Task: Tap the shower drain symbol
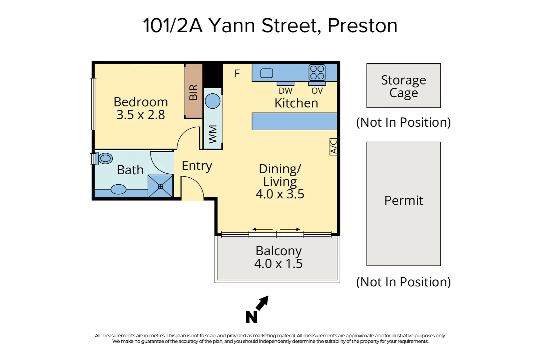click(160, 187)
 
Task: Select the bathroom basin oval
click(118, 190)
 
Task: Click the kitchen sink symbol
click(267, 73)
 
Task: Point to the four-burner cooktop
click(317, 72)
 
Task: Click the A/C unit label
click(333, 147)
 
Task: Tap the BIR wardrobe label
click(194, 92)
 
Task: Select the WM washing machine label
click(213, 134)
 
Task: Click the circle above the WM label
click(213, 101)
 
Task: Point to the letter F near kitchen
click(237, 73)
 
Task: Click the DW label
click(285, 91)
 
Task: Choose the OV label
click(317, 91)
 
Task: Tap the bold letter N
click(252, 317)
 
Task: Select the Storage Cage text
click(403, 86)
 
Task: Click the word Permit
click(403, 201)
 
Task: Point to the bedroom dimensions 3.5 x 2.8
click(141, 115)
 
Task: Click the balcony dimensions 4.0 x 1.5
click(278, 264)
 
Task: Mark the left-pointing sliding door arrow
click(262, 229)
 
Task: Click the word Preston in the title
click(362, 26)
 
